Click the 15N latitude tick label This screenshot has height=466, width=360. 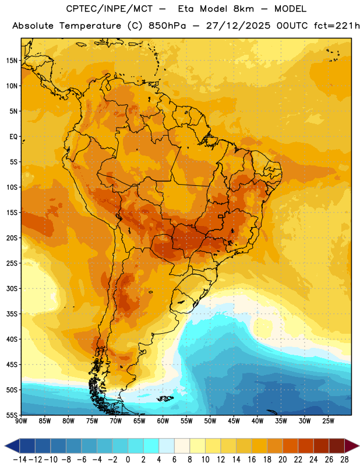click(12, 61)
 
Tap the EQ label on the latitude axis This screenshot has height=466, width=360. click(13, 137)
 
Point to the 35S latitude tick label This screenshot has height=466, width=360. click(12, 314)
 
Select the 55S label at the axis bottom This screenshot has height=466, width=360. click(12, 415)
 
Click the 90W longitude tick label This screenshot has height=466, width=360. click(21, 421)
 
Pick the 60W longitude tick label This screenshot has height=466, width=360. click(163, 421)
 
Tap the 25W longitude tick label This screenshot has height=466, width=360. click(328, 421)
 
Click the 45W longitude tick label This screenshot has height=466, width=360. click(234, 421)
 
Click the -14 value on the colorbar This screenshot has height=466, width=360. click(20, 460)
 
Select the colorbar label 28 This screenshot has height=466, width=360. click(344, 460)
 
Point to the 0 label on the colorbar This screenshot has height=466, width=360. click(128, 460)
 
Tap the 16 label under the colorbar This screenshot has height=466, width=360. click(252, 460)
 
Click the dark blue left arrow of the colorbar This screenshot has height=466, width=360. click(12, 446)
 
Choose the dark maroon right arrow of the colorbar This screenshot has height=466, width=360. click(352, 446)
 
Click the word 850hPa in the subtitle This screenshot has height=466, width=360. click(167, 26)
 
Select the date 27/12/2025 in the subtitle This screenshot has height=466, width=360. click(238, 26)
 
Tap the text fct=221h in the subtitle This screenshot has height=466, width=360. click(337, 26)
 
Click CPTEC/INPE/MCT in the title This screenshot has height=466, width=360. click(109, 9)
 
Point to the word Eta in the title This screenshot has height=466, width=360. click(186, 9)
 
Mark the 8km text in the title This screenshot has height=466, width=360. click(243, 9)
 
